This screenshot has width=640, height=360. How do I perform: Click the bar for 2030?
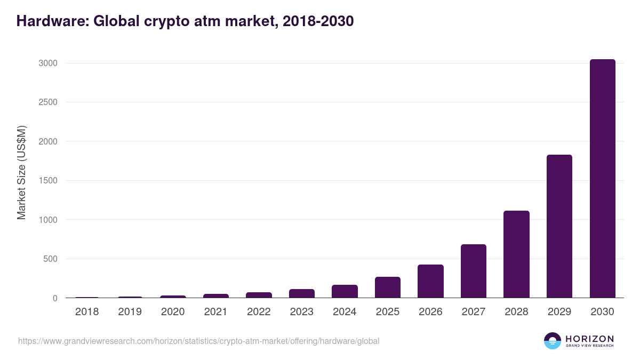point(602,179)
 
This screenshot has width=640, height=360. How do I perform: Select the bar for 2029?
point(559,226)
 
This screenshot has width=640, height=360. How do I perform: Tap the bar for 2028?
point(516,254)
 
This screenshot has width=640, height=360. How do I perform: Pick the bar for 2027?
point(474,271)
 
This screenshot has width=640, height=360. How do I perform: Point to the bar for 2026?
point(430,281)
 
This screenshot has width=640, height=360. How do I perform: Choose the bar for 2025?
point(388,287)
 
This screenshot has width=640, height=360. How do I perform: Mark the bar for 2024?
point(345,291)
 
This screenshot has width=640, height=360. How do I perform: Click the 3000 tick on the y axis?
point(47,63)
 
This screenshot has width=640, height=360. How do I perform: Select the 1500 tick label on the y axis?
point(47,181)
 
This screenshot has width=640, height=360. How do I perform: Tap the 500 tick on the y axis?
point(49,259)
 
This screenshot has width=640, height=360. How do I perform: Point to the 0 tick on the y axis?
point(54,299)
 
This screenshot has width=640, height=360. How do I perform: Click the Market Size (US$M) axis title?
point(21,172)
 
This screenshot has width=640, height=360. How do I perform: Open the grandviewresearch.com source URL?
point(198,341)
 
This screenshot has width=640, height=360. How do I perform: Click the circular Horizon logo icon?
point(553,341)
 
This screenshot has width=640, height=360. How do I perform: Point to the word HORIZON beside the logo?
point(589,338)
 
